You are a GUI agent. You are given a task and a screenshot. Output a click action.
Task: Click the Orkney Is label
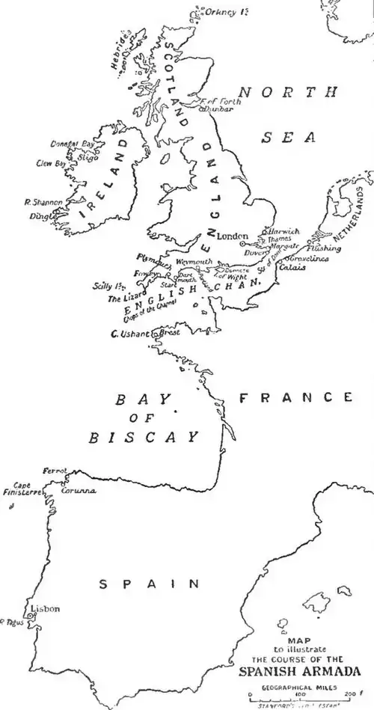(x=230, y=12)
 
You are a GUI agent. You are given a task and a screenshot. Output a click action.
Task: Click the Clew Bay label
(x=50, y=162)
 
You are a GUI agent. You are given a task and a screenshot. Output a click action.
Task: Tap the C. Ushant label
(x=130, y=334)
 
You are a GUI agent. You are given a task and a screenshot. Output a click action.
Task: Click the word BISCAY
(x=144, y=437)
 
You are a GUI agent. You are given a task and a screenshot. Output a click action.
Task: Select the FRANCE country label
(x=295, y=397)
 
